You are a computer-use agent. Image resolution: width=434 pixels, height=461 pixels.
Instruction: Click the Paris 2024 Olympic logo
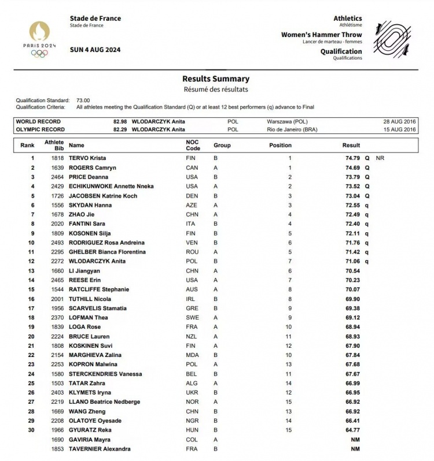point(39,39)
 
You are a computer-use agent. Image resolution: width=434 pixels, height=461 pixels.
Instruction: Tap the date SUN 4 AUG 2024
point(95,50)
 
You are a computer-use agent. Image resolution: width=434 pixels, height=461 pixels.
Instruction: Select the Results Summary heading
point(216,79)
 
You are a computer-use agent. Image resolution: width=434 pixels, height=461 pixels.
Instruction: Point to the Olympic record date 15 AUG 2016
point(399,129)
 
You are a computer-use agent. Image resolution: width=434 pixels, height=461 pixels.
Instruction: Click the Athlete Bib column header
point(54,145)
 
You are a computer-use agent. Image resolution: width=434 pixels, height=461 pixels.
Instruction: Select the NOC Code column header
point(192,145)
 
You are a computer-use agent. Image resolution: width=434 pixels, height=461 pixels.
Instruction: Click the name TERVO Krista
point(87,158)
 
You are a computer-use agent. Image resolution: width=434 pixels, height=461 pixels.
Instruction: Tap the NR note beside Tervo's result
point(380,158)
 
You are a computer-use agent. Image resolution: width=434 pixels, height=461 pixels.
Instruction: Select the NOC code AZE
point(192,205)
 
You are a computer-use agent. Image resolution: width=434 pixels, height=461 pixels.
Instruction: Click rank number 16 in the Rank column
point(32,299)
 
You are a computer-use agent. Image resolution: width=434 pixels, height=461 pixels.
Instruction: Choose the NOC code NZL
point(192,336)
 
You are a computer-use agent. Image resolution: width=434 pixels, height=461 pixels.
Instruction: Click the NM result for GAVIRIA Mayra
point(355,440)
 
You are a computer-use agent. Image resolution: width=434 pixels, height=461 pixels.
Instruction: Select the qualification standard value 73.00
point(83,101)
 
